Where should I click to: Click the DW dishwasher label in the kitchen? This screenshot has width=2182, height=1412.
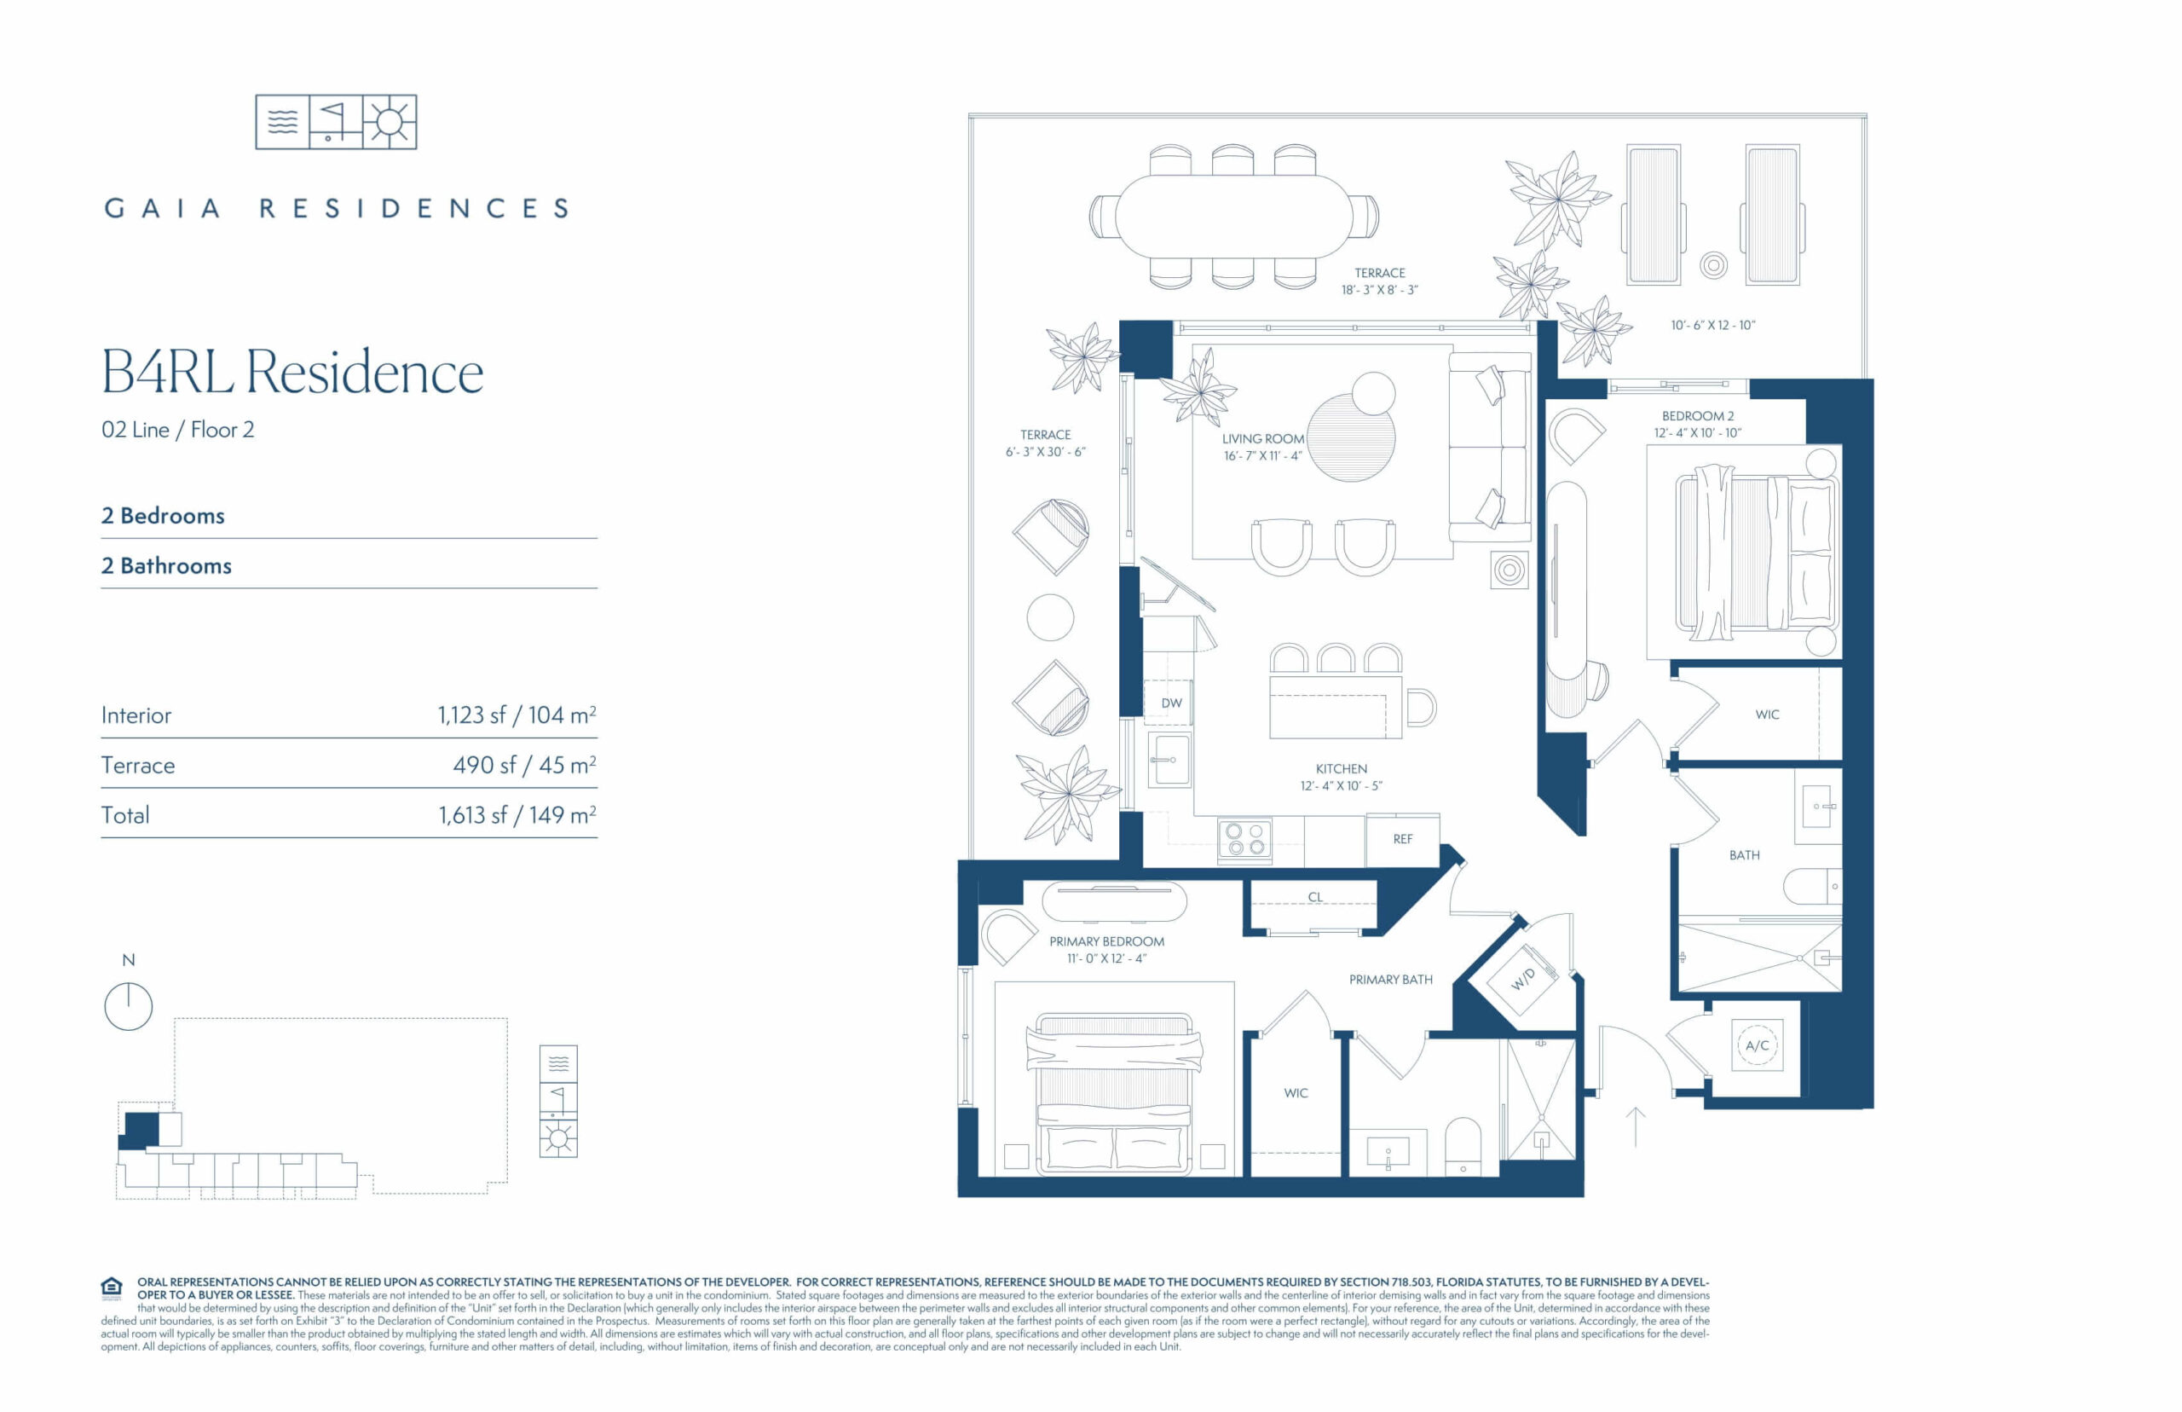(x=1171, y=703)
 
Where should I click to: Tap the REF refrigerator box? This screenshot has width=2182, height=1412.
(x=1402, y=839)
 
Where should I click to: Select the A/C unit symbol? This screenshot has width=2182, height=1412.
(x=1757, y=1045)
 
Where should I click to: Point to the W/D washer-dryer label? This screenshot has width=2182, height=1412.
(x=1522, y=979)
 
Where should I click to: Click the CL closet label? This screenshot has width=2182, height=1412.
(x=1315, y=897)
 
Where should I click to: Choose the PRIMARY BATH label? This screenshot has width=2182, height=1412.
(x=1390, y=979)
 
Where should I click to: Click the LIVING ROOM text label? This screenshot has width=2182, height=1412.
(x=1263, y=438)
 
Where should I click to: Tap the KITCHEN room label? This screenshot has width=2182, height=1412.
(x=1341, y=768)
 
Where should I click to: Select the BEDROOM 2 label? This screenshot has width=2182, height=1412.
(x=1697, y=415)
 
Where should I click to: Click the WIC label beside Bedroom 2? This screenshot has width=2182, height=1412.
(x=1767, y=715)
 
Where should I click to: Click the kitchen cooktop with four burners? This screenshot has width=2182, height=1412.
(x=1244, y=839)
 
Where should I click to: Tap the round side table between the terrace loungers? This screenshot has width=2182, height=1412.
(x=1713, y=266)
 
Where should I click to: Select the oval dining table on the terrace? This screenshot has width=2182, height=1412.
(x=1233, y=217)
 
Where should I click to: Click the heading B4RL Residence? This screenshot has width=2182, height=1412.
(x=292, y=373)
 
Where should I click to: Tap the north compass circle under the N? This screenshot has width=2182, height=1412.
(x=129, y=1006)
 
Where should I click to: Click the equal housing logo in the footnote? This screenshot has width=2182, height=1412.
(x=112, y=1288)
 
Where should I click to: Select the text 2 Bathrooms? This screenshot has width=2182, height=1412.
(x=166, y=565)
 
